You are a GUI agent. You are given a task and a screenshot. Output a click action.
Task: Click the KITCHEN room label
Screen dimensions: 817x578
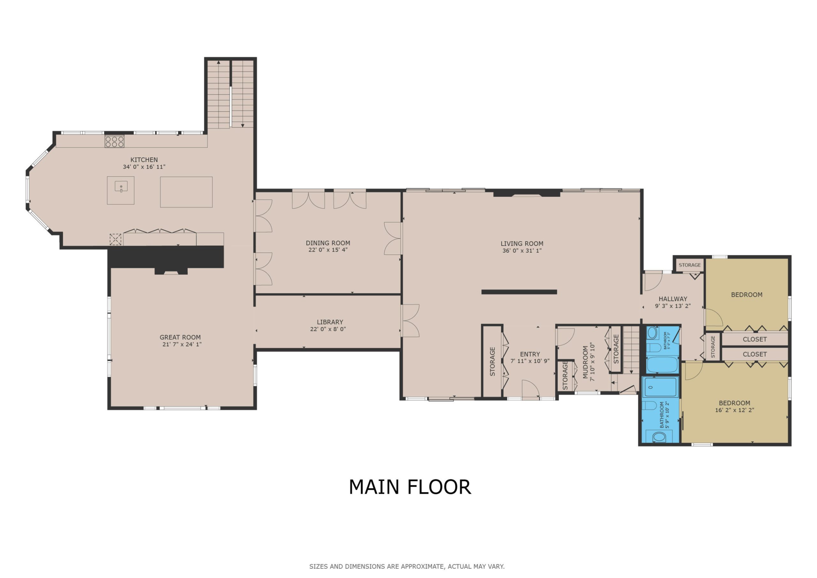click(144, 160)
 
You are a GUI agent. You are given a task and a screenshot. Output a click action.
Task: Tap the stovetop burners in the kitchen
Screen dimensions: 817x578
click(114, 141)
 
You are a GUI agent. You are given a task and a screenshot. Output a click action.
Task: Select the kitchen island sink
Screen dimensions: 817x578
click(121, 186)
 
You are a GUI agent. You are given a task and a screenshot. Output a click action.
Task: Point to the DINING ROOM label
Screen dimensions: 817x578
click(328, 243)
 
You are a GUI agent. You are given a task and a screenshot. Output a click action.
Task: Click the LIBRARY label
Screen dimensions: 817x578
click(330, 322)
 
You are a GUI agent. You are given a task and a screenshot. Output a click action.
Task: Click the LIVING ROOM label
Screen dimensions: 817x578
click(522, 244)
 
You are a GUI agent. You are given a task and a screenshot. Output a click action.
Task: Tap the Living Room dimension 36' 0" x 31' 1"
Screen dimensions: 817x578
click(522, 251)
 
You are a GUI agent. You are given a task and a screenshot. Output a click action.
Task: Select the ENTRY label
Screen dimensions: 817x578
click(530, 354)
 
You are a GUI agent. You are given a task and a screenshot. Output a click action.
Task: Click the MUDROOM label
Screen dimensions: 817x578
click(585, 362)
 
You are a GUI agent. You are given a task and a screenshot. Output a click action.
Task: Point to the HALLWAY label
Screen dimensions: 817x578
click(672, 299)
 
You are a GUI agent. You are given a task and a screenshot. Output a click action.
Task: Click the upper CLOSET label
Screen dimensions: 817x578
click(754, 339)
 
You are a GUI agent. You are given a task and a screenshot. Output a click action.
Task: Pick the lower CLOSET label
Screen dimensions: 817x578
click(754, 354)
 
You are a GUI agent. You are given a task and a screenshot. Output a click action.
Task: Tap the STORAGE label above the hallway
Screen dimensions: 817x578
click(690, 265)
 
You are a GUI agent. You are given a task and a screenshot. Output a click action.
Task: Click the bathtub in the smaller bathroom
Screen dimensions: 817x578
click(662, 364)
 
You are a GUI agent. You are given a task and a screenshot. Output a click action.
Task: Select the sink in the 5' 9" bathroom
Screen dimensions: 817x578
click(659, 437)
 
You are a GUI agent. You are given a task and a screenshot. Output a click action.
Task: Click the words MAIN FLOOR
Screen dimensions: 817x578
click(410, 487)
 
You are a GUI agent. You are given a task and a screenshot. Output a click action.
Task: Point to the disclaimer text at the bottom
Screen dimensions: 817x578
click(407, 566)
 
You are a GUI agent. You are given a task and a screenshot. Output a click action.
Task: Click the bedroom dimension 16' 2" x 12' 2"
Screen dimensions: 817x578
click(734, 410)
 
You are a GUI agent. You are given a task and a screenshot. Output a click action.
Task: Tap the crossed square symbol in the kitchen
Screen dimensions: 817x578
click(115, 239)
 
